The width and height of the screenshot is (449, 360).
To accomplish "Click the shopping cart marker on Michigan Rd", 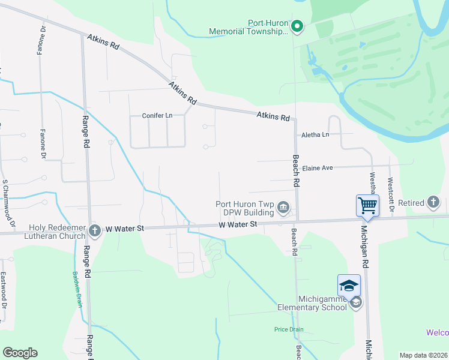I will pyautogui.click(x=367, y=206).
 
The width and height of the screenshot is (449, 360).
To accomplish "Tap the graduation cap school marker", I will pyautogui.click(x=349, y=285).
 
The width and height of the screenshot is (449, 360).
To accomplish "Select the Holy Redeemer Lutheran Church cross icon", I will pyautogui.click(x=94, y=230).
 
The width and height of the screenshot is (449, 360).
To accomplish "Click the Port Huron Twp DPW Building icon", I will pyautogui.click(x=284, y=208).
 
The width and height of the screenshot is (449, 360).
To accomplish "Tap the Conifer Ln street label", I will pyautogui.click(x=157, y=115).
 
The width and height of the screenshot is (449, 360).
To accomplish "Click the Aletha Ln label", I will pyautogui.click(x=316, y=134).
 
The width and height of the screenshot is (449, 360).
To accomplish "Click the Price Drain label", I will pyautogui.click(x=289, y=329).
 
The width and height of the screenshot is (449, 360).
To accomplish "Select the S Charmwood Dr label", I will pyautogui.click(x=5, y=199).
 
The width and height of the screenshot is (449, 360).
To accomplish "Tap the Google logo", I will pyautogui.click(x=20, y=353).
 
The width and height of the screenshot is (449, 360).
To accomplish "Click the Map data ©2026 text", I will pyautogui.click(x=423, y=355).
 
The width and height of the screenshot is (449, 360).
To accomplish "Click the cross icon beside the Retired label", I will pyautogui.click(x=435, y=203).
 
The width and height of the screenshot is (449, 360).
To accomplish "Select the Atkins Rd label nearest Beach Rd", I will pyautogui.click(x=273, y=116).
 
